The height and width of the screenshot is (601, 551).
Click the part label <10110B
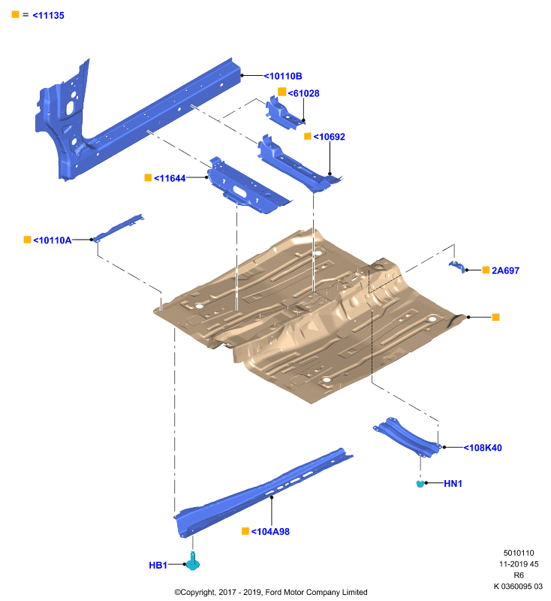[283, 77]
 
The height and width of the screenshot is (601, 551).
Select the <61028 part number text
[303, 93]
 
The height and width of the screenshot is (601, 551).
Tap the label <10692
[329, 137]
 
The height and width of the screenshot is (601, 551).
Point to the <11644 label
[170, 178]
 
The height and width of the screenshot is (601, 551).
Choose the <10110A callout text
[53, 240]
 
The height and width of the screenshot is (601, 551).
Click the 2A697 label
[505, 270]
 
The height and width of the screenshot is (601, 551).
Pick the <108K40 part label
[483, 448]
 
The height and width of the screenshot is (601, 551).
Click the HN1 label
[453, 484]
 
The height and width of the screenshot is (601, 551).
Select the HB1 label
[158, 566]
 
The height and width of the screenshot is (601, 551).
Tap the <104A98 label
[270, 532]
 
